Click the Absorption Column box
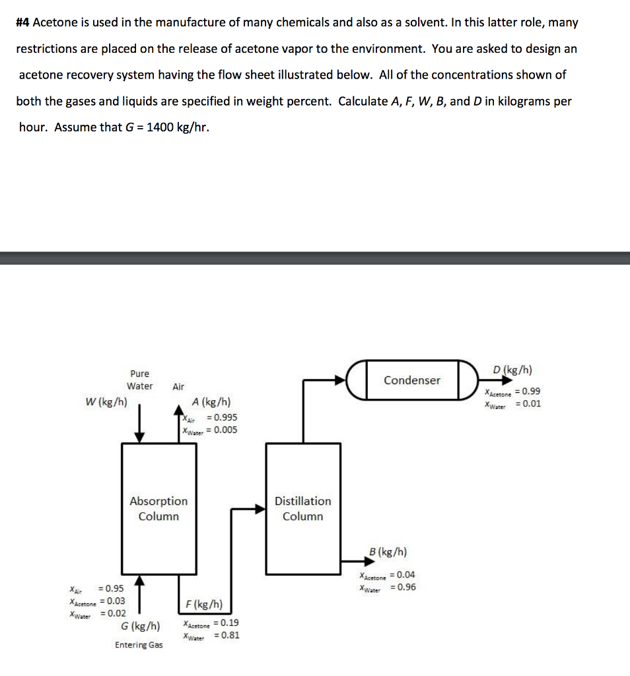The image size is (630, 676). tap(158, 508)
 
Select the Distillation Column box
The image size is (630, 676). tap(303, 508)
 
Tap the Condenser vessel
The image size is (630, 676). tap(412, 380)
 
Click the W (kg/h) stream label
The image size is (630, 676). tap(106, 401)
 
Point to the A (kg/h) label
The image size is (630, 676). tap(211, 402)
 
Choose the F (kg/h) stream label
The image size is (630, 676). tap(204, 604)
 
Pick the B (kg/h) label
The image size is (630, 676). tap(388, 551)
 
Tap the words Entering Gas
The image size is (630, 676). tap(139, 645)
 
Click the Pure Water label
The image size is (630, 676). tap(140, 380)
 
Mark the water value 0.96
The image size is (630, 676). tap(403, 588)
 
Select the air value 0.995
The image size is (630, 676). tap(222, 417)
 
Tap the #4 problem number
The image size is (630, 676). tap(23, 22)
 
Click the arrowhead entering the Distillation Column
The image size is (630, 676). tap(259, 508)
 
